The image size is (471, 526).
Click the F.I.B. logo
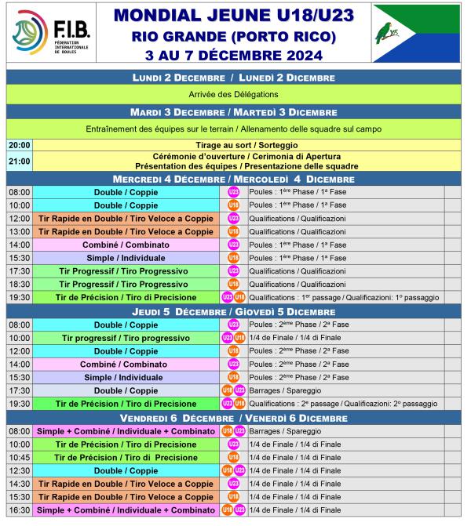(x=47, y=32)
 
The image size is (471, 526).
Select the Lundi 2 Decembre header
(x=233, y=78)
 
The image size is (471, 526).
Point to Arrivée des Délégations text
(x=233, y=94)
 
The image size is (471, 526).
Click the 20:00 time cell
(x=20, y=145)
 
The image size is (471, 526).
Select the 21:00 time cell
(x=20, y=161)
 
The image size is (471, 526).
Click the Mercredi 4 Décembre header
(x=233, y=179)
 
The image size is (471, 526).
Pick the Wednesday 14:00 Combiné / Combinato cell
(x=125, y=245)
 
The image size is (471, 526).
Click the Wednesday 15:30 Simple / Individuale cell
(x=125, y=258)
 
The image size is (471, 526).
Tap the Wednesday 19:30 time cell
(x=20, y=297)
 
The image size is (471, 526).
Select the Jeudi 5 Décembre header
(x=233, y=311)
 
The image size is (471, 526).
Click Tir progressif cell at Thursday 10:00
(x=125, y=337)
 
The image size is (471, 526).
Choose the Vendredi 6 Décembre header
(x=233, y=417)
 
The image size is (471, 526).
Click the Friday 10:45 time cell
(x=20, y=457)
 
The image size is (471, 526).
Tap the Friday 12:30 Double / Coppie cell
(x=125, y=470)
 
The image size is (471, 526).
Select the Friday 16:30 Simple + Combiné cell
(x=125, y=510)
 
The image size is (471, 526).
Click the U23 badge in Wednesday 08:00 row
(x=233, y=192)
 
